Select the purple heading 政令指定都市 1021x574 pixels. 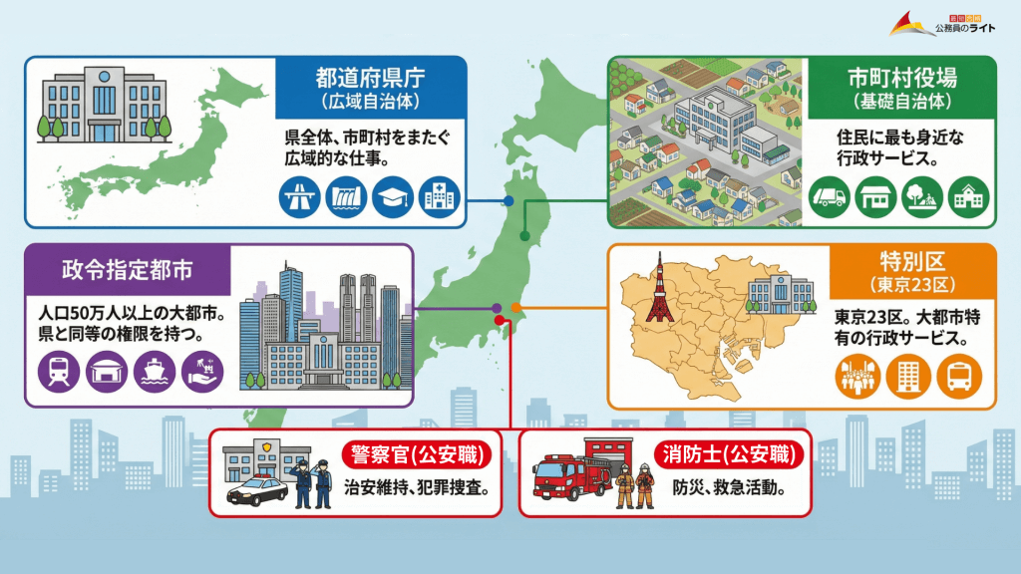(127, 270)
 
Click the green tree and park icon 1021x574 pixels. (922, 196)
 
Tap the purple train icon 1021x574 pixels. (58, 372)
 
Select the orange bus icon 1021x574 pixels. (960, 377)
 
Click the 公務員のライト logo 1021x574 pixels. (948, 23)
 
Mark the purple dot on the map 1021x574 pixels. (497, 308)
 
